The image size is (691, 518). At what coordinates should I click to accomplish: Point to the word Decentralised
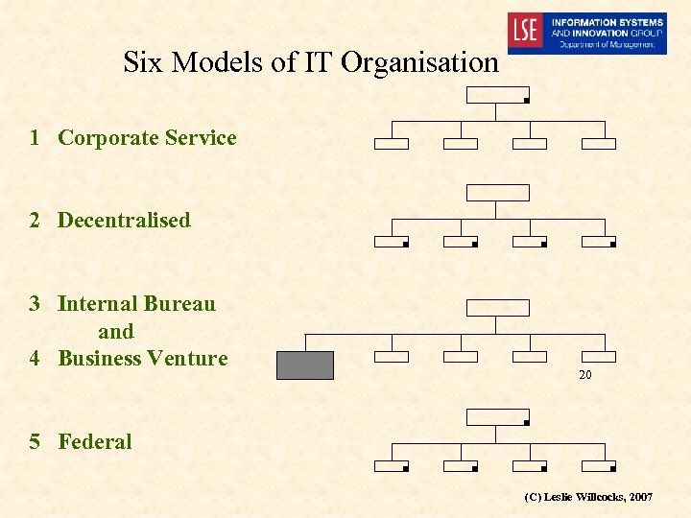click(x=124, y=221)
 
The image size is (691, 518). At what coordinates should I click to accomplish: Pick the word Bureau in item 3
click(x=179, y=304)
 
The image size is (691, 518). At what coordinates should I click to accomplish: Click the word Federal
click(x=95, y=442)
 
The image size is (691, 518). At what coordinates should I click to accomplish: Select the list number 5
click(x=35, y=442)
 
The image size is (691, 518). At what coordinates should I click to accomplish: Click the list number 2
click(x=35, y=221)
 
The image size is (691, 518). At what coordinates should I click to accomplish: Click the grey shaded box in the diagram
click(x=305, y=365)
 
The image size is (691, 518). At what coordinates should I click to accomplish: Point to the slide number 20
click(x=584, y=375)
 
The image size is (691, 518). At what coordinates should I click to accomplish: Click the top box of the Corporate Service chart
click(x=497, y=94)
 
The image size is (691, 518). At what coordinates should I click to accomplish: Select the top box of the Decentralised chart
click(x=497, y=192)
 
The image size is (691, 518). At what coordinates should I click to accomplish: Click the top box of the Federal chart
click(x=497, y=416)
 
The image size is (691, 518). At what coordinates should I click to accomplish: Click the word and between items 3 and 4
click(x=116, y=332)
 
